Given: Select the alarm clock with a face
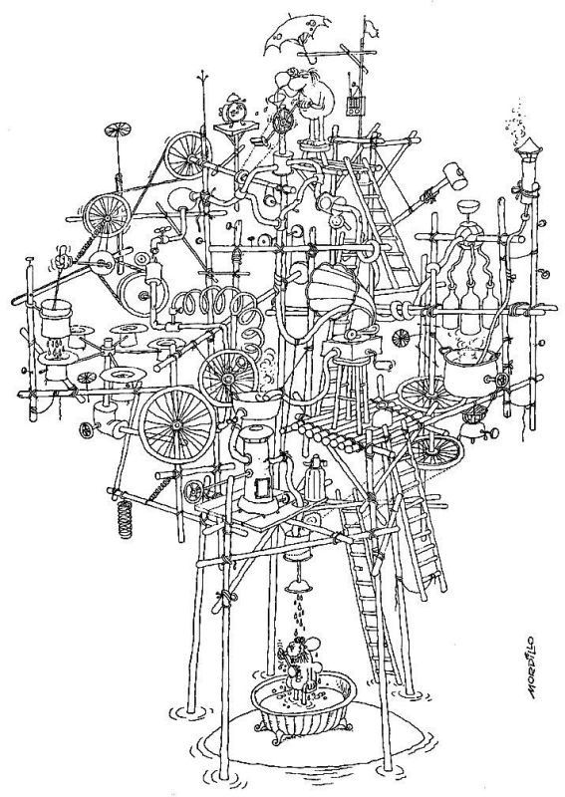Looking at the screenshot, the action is [233, 111].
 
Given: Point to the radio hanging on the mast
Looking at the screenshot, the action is [354, 105].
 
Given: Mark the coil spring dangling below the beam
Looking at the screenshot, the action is [125, 517].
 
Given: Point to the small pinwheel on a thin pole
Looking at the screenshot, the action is [117, 132].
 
